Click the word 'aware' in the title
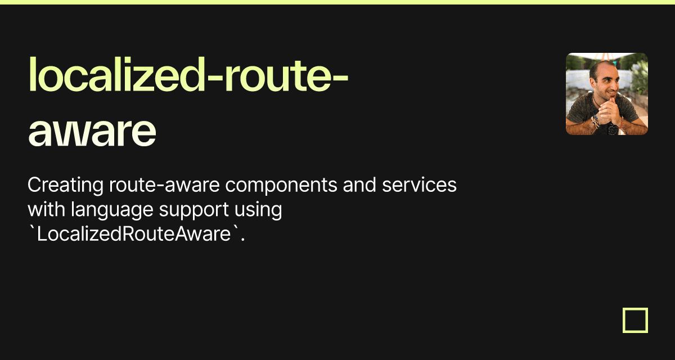pyautogui.click(x=92, y=130)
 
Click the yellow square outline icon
pyautogui.click(x=635, y=320)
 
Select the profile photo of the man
pyautogui.click(x=606, y=94)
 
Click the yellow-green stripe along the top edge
pyautogui.click(x=337, y=2)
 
